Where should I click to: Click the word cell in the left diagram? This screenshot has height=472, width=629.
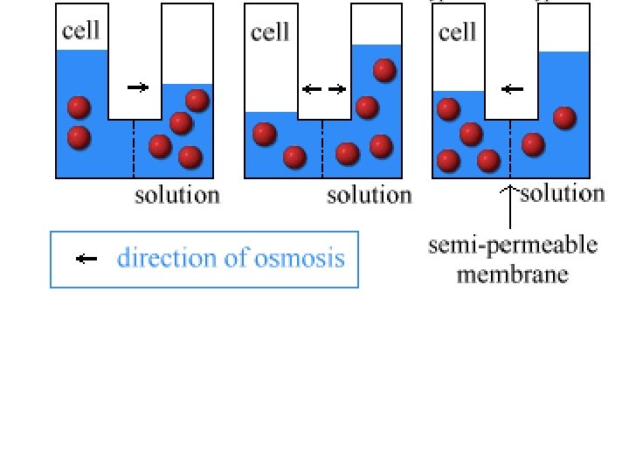click(80, 32)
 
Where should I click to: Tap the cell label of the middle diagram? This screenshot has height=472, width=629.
click(270, 32)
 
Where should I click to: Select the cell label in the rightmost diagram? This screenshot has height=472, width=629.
click(457, 32)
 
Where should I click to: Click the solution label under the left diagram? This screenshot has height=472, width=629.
click(177, 195)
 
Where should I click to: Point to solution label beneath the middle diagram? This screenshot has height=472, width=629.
click(369, 195)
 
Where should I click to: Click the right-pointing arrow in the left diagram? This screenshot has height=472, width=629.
click(138, 87)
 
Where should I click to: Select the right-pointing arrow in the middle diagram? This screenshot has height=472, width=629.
click(336, 88)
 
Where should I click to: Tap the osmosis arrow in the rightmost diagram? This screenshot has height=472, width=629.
click(513, 88)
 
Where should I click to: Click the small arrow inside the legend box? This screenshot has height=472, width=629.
click(86, 259)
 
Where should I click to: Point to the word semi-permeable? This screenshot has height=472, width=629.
click(513, 246)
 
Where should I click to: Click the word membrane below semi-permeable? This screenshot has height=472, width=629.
click(513, 274)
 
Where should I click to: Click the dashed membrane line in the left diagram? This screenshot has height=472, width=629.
click(134, 149)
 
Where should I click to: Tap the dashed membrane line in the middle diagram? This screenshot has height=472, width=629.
click(322, 149)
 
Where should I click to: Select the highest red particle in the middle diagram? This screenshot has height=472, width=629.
click(383, 70)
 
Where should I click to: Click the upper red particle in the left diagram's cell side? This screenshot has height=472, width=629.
click(79, 108)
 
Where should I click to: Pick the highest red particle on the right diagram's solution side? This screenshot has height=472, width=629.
click(564, 117)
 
